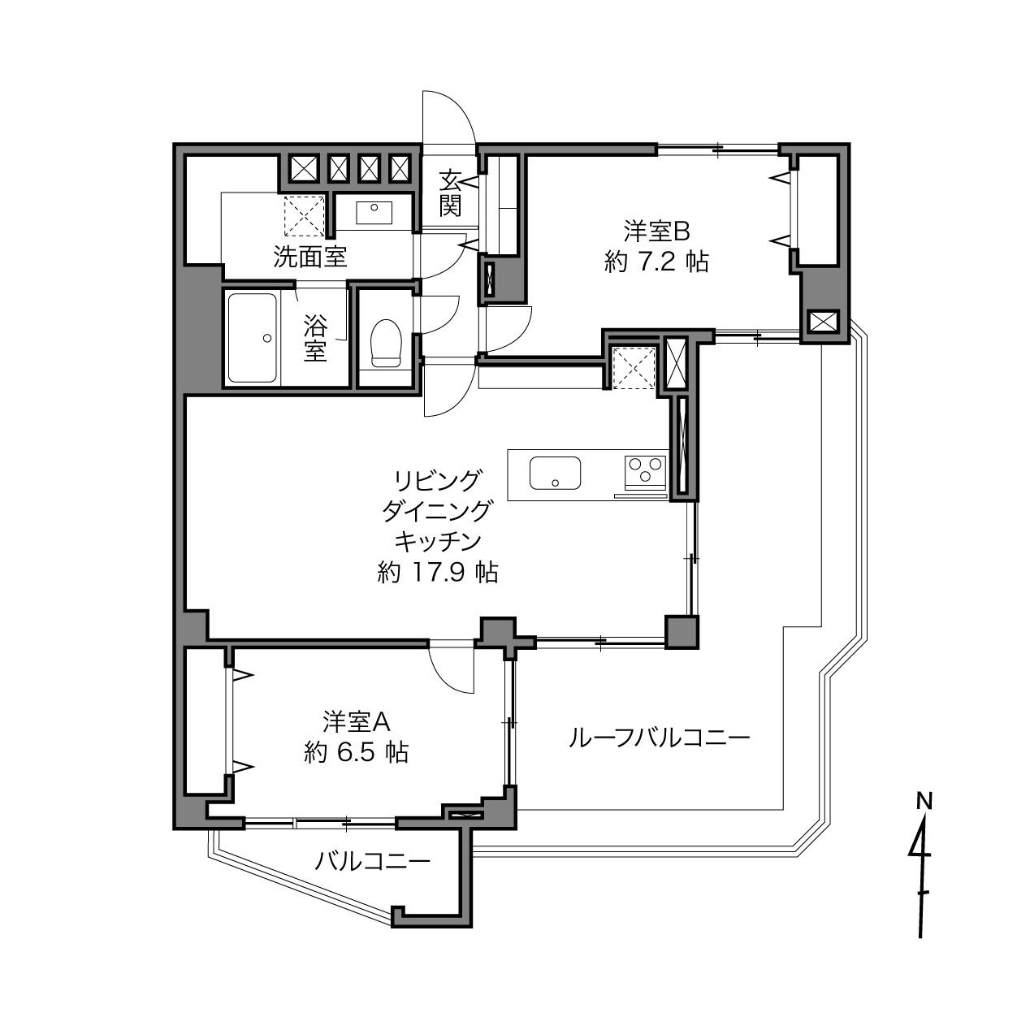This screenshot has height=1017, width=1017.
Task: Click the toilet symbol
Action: coord(387,343)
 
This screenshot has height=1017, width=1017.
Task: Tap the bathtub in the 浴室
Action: coord(253,338)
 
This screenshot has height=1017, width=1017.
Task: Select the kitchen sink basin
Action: coord(555,473)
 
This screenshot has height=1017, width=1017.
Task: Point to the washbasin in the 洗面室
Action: coord(374,213)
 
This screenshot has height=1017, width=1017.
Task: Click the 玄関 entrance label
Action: coord(450,193)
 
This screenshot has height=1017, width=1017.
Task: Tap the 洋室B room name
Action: coord(657,231)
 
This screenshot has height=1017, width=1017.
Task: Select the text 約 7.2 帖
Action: coord(656,262)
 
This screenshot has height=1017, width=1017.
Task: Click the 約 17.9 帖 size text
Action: coord(438,572)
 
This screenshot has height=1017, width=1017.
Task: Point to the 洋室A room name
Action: coord(357,722)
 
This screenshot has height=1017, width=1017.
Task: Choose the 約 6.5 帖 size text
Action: coord(357,752)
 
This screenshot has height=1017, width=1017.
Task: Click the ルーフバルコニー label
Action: coord(659,738)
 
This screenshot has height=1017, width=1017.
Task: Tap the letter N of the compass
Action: coord(924,802)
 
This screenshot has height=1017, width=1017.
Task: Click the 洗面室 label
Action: coord(309,257)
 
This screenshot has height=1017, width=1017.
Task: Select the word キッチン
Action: coord(438,542)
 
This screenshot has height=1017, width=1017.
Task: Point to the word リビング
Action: coord(438,480)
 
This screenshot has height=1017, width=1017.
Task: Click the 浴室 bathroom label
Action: coord(315,338)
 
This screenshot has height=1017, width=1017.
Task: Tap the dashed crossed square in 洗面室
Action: coord(305,216)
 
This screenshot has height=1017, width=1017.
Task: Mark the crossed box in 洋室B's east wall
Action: coord(824,322)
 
